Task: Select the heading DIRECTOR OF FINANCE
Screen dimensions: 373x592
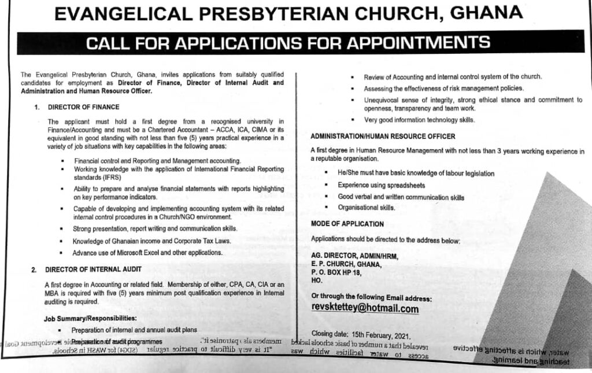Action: point(83,107)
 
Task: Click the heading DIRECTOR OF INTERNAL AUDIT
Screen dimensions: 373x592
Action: point(92,269)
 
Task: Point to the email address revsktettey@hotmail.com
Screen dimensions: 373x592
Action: point(365,309)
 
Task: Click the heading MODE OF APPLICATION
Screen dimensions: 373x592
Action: point(347,224)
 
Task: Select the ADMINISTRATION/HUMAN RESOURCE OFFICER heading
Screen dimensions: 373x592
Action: point(383,136)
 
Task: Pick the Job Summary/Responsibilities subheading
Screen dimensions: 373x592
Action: point(90,318)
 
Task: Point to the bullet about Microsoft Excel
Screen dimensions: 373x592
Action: point(147,253)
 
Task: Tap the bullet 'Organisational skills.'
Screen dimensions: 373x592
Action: point(367,208)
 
